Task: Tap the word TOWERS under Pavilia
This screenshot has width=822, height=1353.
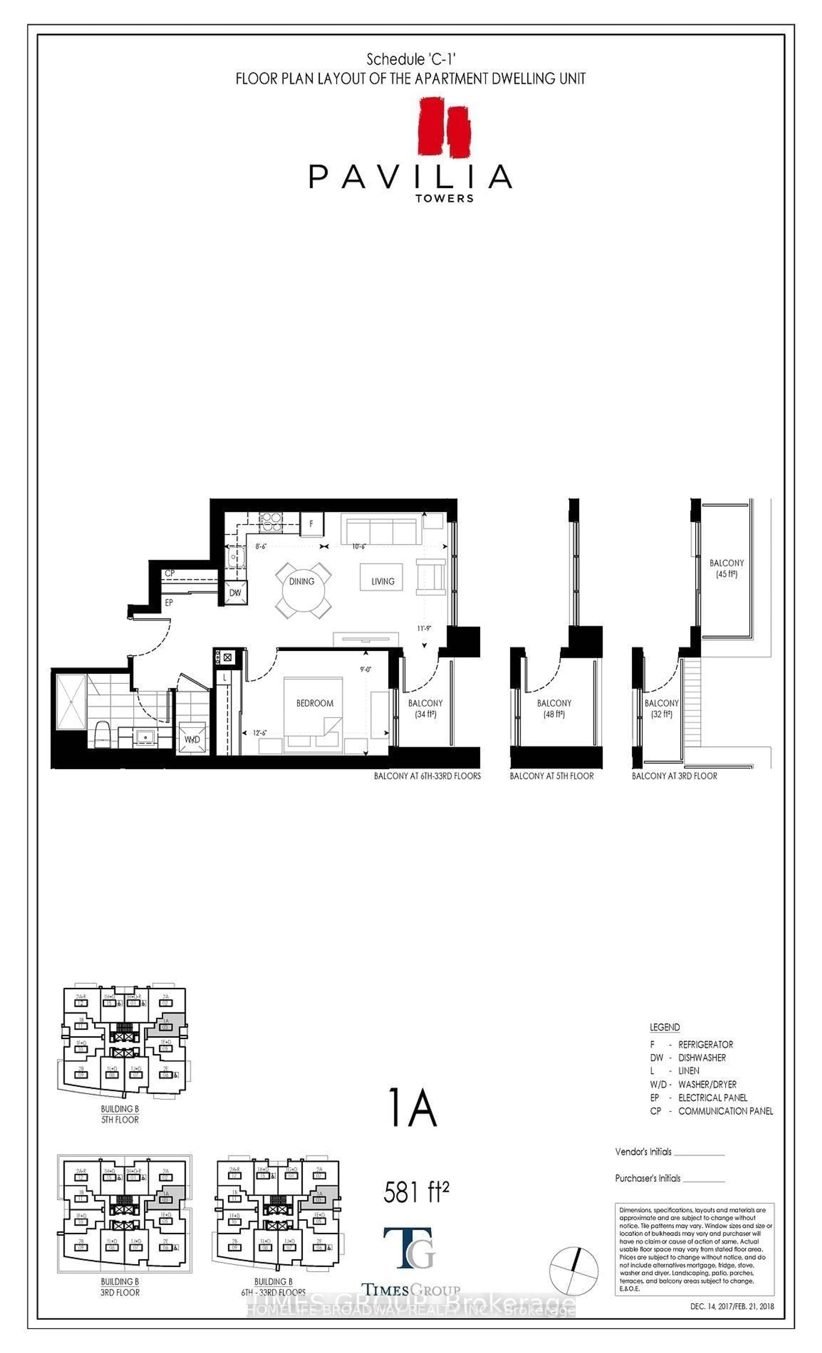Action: (444, 198)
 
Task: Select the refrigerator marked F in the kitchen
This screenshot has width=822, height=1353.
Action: (311, 524)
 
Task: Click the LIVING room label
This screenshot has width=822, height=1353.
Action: (383, 581)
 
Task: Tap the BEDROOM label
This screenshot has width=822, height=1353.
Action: (315, 703)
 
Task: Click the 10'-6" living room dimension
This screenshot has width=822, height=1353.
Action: (359, 546)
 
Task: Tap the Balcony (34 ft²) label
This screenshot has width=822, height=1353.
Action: (425, 708)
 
